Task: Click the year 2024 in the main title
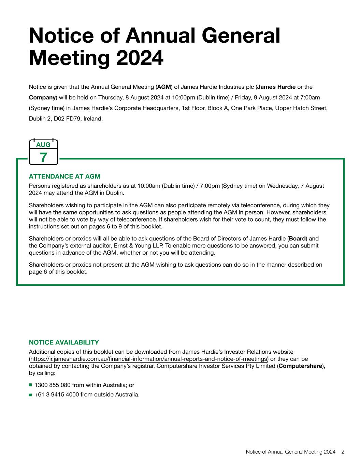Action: tap(140, 58)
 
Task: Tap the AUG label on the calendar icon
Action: tap(43, 145)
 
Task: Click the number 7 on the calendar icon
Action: tap(43, 157)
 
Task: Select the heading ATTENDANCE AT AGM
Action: tap(64, 176)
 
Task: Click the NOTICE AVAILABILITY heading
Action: tap(64, 342)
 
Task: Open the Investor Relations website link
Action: tap(149, 359)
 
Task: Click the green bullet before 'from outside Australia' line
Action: tap(31, 395)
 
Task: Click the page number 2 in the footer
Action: tap(343, 452)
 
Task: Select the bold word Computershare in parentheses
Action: tap(300, 366)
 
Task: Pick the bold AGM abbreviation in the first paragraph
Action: tap(164, 87)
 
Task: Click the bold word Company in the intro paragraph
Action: tap(42, 98)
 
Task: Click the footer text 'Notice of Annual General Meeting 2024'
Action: tap(290, 452)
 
